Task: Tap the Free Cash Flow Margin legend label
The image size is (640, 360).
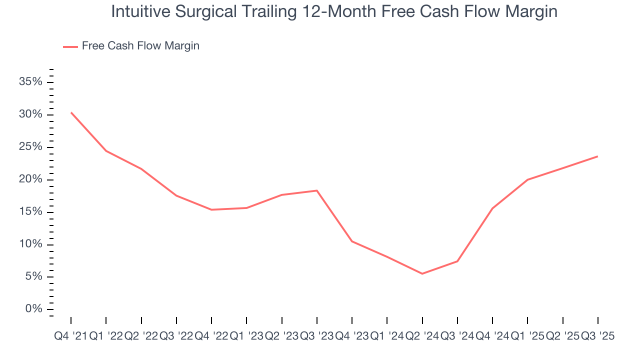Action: [x=140, y=46]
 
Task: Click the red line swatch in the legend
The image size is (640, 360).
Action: [x=70, y=46]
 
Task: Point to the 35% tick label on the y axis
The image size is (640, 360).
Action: [x=30, y=82]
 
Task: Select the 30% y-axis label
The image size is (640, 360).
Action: [x=30, y=114]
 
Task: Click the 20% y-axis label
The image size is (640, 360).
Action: [x=30, y=179]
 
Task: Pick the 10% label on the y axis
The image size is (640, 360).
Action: [x=30, y=244]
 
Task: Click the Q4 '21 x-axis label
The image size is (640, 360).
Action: [x=70, y=336]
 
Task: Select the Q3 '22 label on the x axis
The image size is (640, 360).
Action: [x=176, y=336]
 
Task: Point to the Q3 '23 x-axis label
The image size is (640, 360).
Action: [x=316, y=336]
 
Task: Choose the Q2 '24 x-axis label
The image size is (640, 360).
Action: [x=422, y=336]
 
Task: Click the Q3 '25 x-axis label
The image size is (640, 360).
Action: [x=597, y=336]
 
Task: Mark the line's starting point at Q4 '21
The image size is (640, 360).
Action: [x=71, y=112]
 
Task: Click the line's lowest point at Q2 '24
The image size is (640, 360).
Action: [x=422, y=273]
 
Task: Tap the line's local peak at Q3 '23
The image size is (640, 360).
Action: [x=317, y=190]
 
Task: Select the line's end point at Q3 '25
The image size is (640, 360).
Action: [x=597, y=156]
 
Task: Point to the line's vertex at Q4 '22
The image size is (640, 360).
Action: [x=211, y=209]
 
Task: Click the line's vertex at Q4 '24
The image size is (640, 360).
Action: [x=492, y=208]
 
